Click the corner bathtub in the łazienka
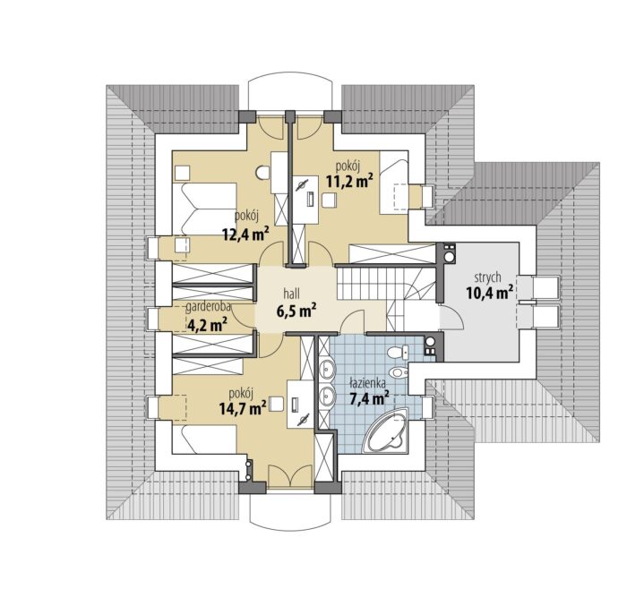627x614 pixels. coord(386,431)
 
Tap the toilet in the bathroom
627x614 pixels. coord(398,353)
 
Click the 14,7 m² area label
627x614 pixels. coord(243,408)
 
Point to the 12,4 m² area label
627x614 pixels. coord(245,234)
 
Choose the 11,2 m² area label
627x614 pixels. coord(349,181)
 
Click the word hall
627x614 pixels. coord(291,294)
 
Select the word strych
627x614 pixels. coord(488,277)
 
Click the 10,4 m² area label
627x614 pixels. coord(489,294)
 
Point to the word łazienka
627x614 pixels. coord(367,383)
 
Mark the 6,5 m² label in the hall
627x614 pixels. coord(296,311)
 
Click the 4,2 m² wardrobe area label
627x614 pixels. coord(205,324)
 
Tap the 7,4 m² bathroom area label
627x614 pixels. coord(369,398)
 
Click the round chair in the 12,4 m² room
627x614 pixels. coord(262,172)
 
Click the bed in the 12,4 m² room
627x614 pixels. coord(204,209)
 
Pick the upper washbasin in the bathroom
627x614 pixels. coord(327,368)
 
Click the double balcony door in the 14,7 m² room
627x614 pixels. coord(290,476)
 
